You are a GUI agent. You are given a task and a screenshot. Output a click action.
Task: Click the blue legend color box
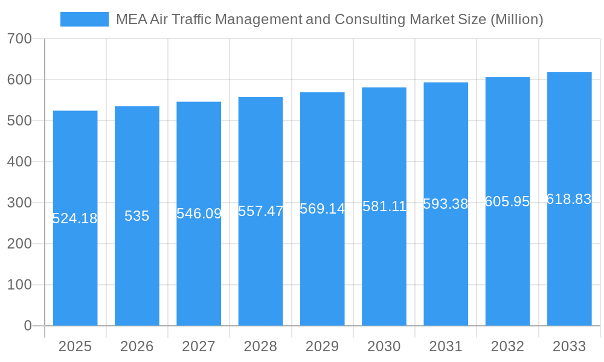point(85,19)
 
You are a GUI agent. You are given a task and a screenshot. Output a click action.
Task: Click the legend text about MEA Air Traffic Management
point(329,19)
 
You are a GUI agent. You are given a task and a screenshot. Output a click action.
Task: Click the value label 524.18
point(75,218)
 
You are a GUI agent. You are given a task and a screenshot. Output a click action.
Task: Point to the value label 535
point(137,216)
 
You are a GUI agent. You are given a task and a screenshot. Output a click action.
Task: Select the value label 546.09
point(199,214)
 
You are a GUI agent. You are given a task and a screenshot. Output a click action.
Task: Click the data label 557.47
point(260,211)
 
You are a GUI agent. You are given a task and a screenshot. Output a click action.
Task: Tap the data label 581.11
point(384,206)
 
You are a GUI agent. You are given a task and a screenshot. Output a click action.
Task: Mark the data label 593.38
point(446,204)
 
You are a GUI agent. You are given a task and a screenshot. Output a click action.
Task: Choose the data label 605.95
point(507,202)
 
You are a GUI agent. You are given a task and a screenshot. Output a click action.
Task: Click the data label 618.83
point(569,199)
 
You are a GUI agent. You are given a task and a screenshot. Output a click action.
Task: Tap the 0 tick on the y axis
point(28,326)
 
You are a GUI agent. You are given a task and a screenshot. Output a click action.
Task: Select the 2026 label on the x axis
point(137,346)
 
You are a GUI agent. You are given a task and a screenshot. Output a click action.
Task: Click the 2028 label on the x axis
point(260,346)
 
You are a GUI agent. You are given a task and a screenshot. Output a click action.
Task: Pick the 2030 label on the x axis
point(384,346)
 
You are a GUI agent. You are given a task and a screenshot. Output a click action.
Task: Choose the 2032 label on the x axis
point(507,346)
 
